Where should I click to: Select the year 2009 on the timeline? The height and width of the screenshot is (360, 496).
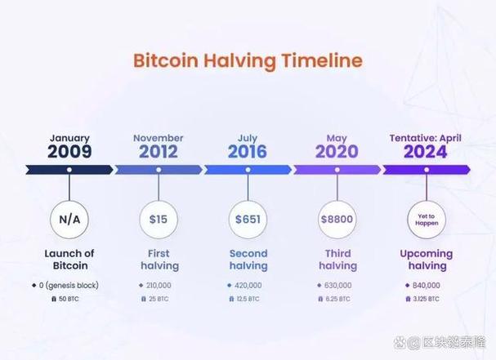(x=69, y=151)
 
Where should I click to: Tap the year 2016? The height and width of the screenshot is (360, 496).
(x=248, y=151)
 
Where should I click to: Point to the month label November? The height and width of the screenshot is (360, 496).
(x=159, y=138)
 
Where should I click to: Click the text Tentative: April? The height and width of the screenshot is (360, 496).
(x=426, y=138)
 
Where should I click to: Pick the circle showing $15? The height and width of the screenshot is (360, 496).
(x=159, y=220)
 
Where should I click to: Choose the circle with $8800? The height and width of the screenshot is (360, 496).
(x=337, y=220)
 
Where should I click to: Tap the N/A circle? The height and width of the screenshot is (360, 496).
(x=69, y=220)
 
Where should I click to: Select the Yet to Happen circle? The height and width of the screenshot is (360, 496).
(x=427, y=220)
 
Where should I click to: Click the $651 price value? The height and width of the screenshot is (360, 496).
(x=248, y=220)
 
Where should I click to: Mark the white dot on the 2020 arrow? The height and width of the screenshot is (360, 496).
(x=337, y=170)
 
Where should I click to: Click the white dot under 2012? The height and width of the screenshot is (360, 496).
(x=159, y=170)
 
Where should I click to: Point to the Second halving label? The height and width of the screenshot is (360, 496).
(x=248, y=260)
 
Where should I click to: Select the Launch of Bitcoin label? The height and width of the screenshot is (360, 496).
(x=69, y=260)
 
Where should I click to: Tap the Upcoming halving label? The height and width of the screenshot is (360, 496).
(x=427, y=260)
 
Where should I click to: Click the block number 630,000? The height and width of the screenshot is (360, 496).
(x=337, y=286)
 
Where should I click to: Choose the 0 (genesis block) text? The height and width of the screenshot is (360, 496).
(x=69, y=286)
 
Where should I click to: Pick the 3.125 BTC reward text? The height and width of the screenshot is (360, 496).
(x=426, y=299)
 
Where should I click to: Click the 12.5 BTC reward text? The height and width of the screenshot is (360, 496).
(x=248, y=299)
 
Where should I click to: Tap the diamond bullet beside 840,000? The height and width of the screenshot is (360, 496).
(x=408, y=286)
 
